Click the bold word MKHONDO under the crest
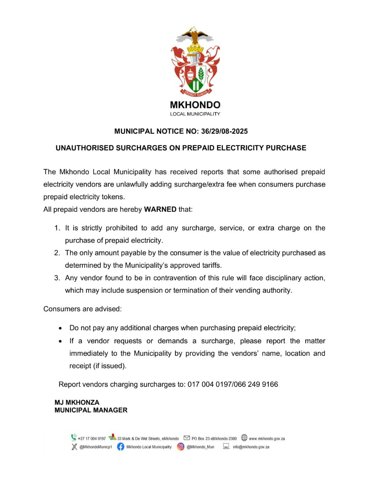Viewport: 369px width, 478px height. [195, 105]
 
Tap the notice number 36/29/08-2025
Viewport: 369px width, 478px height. [224, 131]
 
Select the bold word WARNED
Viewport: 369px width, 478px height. [160, 209]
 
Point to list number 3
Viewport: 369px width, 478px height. [57, 278]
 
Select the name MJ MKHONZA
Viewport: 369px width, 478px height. [77, 403]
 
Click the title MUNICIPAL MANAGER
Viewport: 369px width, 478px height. [91, 410]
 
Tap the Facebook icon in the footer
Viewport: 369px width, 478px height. [121, 447]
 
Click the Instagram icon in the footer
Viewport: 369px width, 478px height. [181, 447]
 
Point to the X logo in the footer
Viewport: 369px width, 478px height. [74, 447]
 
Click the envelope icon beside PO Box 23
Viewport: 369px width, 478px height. [187, 438]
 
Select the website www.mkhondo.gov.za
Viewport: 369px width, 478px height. [267, 439]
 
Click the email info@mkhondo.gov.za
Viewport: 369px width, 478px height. [251, 447]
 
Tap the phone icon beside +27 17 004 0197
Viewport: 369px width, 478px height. [74, 438]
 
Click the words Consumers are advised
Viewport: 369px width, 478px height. [82, 309]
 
